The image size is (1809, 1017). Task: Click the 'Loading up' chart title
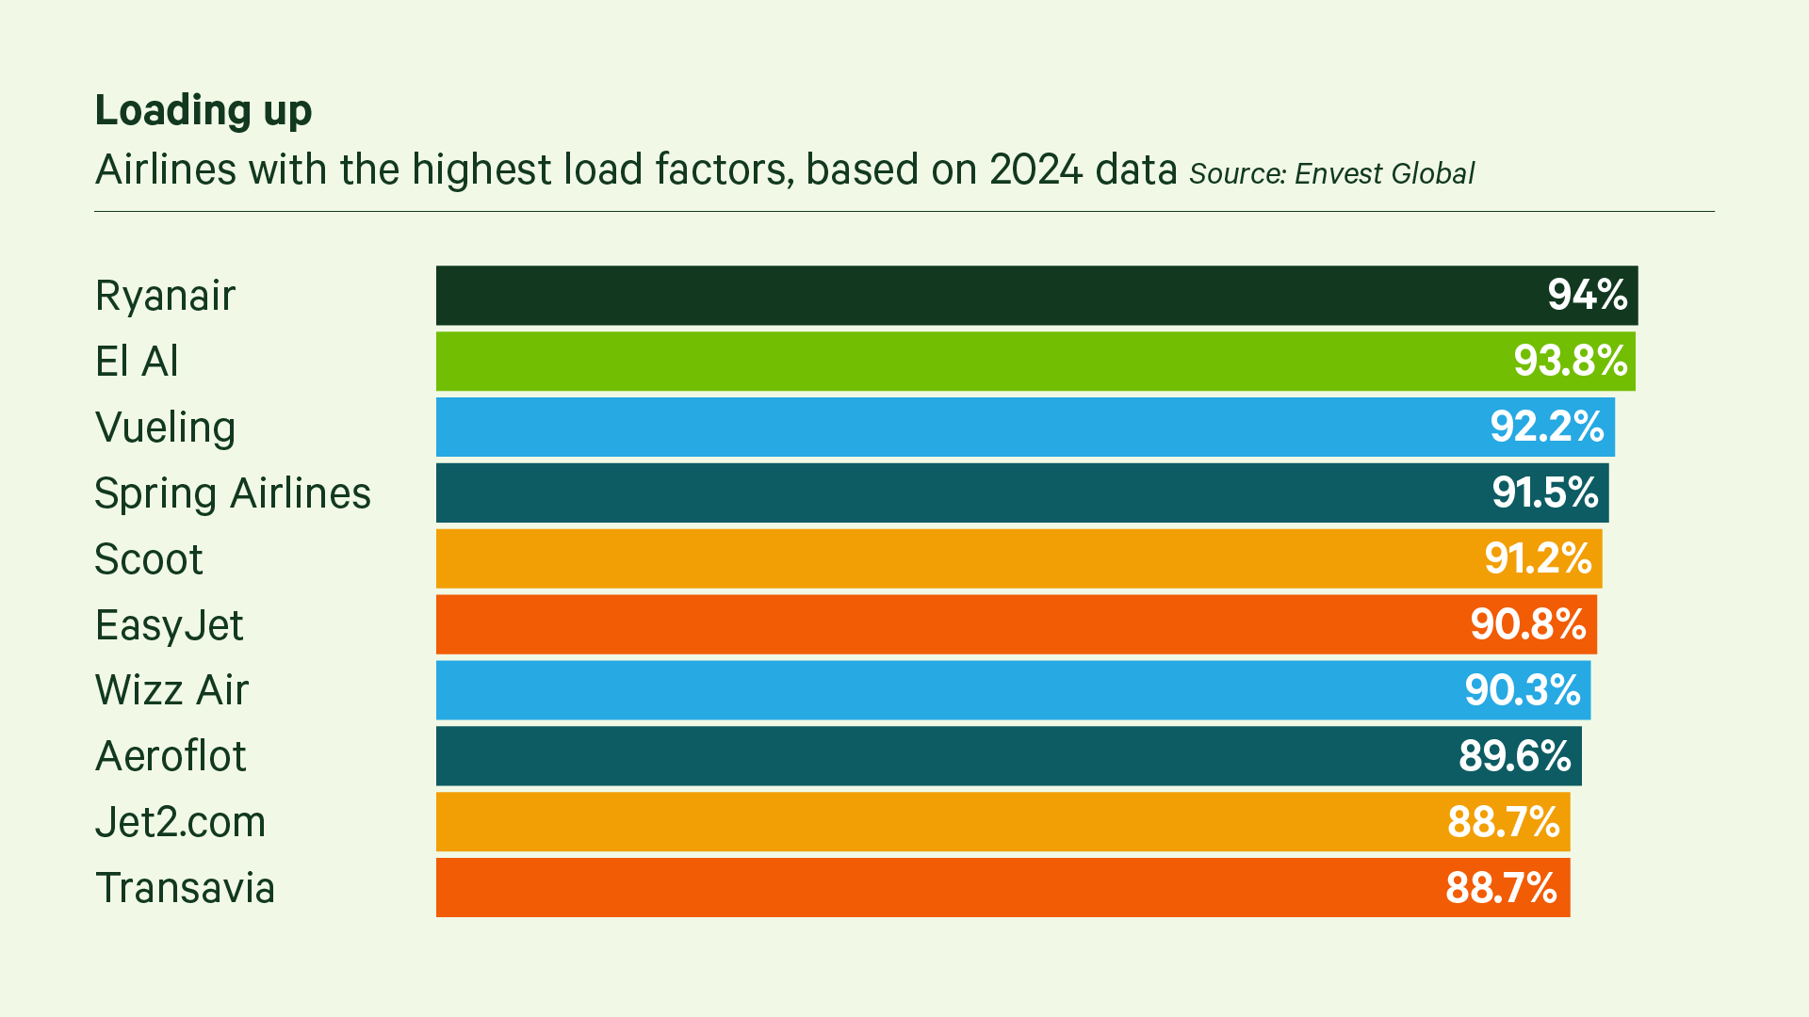point(203,111)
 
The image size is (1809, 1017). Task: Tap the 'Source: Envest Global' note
point(1331,174)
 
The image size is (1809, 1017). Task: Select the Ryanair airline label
point(165,296)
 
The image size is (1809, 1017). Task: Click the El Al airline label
point(137,362)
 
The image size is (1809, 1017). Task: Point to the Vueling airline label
point(165,428)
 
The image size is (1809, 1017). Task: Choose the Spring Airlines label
point(233,493)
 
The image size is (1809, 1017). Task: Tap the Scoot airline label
point(149,559)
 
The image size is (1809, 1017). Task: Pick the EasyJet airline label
point(170,625)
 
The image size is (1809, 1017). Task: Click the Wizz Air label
point(171,690)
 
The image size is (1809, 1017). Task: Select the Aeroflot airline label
point(171,756)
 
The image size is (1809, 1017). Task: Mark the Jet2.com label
point(181,822)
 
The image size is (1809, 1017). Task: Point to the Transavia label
point(185,888)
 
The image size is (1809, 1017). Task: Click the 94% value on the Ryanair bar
point(1587,296)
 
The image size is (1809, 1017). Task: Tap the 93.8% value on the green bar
point(1570,362)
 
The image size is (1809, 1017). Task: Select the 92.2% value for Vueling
point(1546,428)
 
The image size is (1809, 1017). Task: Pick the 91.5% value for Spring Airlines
point(1544,493)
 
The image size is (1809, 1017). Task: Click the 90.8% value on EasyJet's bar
point(1527,625)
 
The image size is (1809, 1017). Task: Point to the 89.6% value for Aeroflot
point(1514,756)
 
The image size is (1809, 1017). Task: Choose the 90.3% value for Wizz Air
point(1522,690)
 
